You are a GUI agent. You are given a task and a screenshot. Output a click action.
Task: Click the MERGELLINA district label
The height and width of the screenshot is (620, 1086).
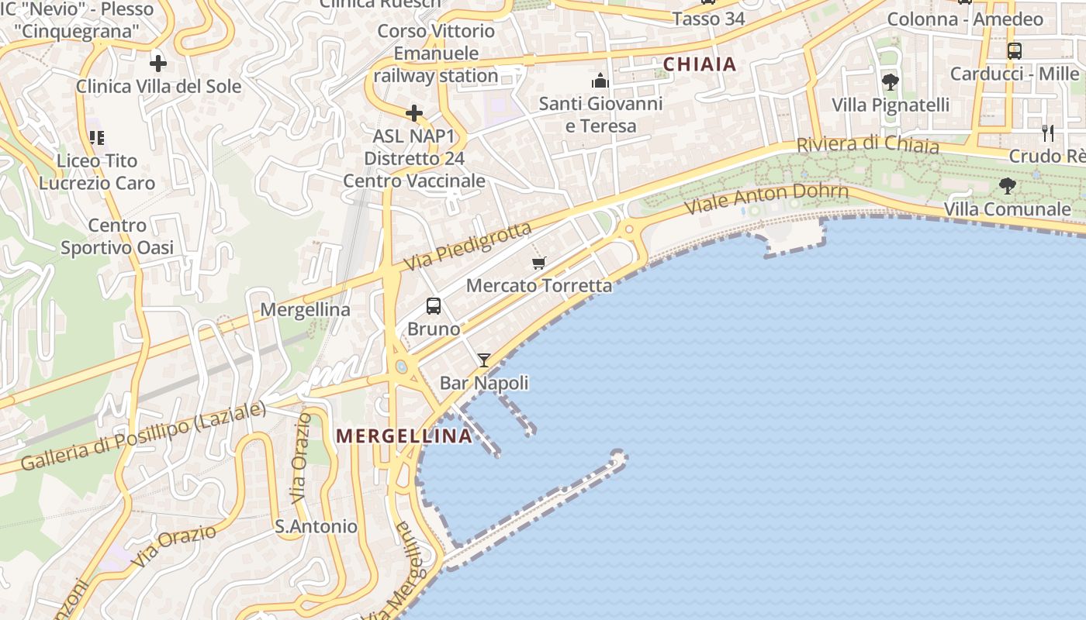404,436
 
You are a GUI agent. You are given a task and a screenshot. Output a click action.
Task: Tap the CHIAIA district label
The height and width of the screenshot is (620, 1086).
700,64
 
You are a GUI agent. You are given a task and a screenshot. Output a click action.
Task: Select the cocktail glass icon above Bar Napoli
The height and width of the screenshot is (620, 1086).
484,360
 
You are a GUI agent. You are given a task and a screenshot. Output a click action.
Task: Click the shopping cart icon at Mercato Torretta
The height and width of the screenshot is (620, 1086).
539,263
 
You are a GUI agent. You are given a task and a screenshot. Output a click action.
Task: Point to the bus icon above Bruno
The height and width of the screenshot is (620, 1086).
434,306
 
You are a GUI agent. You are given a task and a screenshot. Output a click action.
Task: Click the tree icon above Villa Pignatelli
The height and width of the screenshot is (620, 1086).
891,81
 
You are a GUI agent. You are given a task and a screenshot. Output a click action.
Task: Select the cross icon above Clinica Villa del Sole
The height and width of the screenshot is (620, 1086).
158,64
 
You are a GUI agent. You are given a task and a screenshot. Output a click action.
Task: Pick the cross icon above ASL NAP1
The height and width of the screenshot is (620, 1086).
414,113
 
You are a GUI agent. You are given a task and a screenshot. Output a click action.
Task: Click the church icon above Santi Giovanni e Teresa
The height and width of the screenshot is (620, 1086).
600,81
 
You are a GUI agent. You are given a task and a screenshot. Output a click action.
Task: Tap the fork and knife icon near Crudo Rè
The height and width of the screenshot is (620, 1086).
1047,133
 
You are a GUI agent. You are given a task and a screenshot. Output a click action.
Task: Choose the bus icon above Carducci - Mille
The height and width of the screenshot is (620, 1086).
1014,51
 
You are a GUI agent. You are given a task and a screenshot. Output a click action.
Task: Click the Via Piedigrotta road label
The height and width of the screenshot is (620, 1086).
468,246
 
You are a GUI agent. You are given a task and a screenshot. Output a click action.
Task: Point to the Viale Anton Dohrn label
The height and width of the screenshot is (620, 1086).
766,199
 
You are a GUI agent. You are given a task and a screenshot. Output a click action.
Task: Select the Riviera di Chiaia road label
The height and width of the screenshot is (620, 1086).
867,145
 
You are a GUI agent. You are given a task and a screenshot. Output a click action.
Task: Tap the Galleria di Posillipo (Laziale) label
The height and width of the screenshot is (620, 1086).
144,436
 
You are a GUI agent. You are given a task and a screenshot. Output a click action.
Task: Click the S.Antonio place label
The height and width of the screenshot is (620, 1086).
316,527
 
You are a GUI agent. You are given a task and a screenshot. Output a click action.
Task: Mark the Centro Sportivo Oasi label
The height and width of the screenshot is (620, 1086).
117,236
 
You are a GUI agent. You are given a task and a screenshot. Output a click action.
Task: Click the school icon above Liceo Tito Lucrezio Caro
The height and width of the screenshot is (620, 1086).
97,138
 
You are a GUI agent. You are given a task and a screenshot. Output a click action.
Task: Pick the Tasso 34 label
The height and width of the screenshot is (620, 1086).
708,19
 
